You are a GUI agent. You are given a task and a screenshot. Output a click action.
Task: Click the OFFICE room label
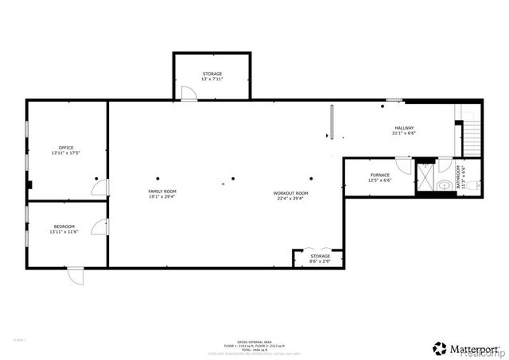coord(66,147)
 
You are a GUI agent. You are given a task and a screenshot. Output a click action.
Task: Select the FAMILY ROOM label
coord(162,192)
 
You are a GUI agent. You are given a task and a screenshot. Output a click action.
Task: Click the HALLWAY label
coord(404,128)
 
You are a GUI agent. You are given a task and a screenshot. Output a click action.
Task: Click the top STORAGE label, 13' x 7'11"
coord(212,73)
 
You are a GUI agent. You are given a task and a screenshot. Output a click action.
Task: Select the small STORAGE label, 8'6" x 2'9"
coord(320,256)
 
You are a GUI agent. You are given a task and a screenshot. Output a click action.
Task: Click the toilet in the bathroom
coord(468,184)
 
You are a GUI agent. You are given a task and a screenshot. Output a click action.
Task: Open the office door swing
coord(99,188)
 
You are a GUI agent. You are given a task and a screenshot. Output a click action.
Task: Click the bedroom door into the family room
coord(99,227)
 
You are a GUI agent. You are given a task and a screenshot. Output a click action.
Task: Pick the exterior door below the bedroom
coord(74,275)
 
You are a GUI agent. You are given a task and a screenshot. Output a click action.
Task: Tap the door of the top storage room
coord(188,95)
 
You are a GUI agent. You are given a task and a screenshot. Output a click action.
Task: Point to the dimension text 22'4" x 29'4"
coord(290,198)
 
